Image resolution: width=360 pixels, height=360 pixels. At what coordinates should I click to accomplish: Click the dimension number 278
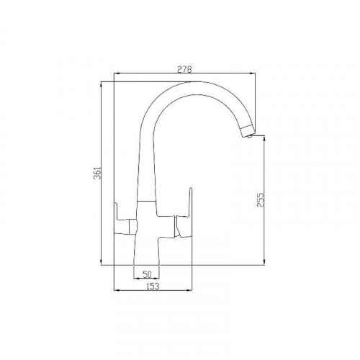point(185,68)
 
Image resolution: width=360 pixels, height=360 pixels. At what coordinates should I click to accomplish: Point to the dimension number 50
point(146,274)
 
